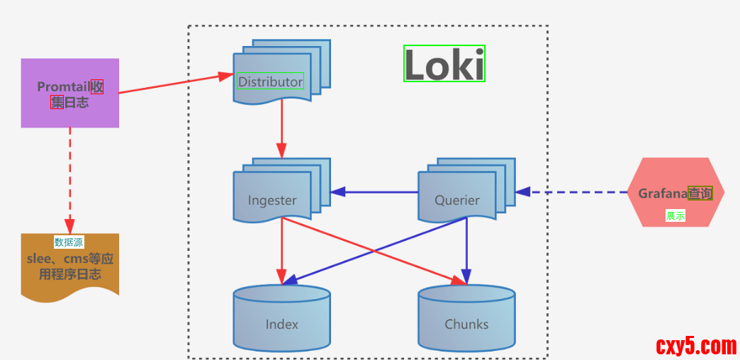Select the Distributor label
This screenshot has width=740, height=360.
click(x=270, y=81)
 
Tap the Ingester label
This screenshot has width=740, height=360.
click(x=272, y=200)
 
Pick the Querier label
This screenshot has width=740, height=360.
click(x=457, y=200)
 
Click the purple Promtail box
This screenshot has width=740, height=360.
click(x=69, y=93)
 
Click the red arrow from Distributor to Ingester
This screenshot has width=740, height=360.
click(x=282, y=128)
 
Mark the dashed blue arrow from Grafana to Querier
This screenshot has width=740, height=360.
click(x=574, y=191)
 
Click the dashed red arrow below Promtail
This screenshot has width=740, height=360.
click(x=69, y=177)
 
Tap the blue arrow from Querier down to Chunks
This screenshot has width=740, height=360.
click(x=466, y=248)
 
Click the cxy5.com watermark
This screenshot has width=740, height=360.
click(x=696, y=347)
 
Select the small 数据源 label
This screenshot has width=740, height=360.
click(x=69, y=242)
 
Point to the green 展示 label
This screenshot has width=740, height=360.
click(x=675, y=215)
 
